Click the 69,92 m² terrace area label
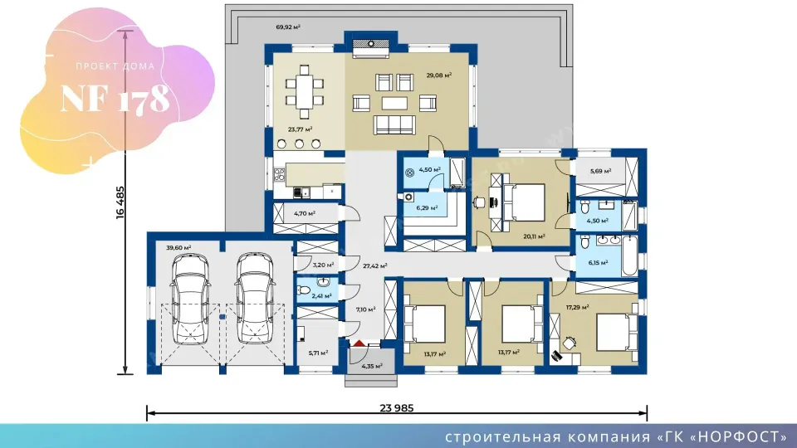pos(288,27)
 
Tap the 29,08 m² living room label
pos(439,75)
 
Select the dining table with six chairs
pos(304,92)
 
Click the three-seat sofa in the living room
pos(394,124)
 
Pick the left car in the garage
pos(190,299)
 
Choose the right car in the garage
pos(255,299)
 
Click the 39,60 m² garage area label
pos(178,248)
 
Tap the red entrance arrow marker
pos(359,343)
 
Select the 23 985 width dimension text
pos(397,408)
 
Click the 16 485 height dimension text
pos(120,202)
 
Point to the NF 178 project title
pos(115,98)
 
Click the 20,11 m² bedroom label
pos(534,236)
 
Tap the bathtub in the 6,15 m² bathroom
pos(629,256)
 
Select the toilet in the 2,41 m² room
pos(304,290)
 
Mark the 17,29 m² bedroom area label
pos(578,307)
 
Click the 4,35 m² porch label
pos(372,366)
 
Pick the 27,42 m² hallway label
pos(375,265)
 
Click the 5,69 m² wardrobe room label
pos(601,171)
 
